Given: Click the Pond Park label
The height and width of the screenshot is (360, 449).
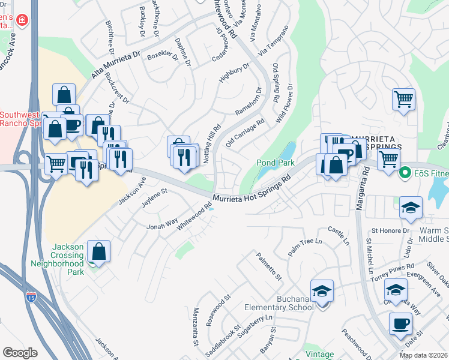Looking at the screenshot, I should point(275,163).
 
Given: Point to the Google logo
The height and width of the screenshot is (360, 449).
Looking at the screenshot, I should point(20,352).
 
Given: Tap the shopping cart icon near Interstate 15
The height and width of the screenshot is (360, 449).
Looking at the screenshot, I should point(56,163).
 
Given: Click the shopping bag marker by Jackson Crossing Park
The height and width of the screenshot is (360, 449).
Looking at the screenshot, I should point(98,251).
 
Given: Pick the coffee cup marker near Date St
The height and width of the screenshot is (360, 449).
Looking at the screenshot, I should point(400,324).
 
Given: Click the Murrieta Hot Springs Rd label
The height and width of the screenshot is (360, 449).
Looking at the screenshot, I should point(252,191).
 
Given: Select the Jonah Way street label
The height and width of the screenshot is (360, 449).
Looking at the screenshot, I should point(163,224).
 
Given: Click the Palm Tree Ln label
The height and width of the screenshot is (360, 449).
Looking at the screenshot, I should point(305,246).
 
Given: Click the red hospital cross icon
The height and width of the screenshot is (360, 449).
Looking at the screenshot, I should point(22,20).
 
